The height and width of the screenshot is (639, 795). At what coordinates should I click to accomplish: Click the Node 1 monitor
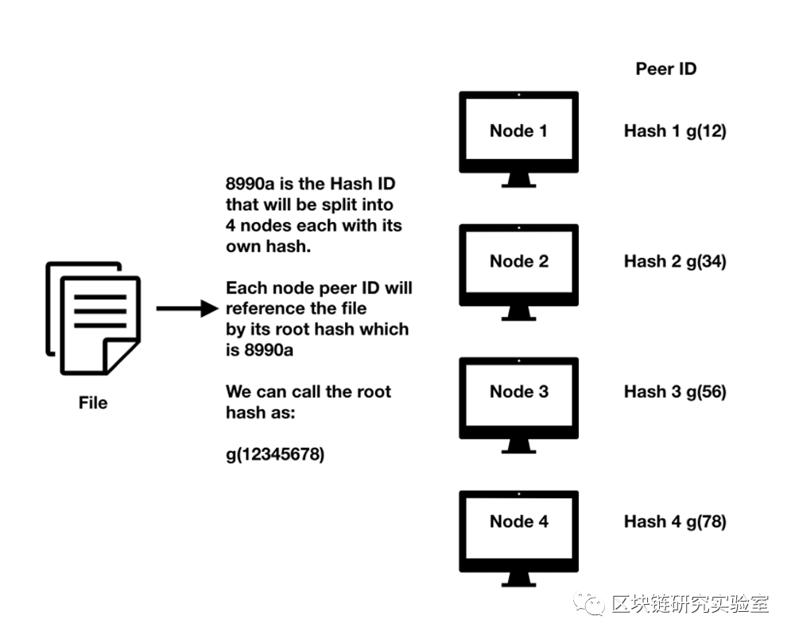pos(518,131)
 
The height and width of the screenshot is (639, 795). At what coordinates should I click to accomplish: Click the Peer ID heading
pos(665,68)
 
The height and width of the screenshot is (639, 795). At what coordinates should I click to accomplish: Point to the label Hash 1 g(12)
pos(675,131)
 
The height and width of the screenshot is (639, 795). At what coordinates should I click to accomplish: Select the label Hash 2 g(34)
pos(675,261)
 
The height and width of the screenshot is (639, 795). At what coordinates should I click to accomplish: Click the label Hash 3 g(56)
pos(675,392)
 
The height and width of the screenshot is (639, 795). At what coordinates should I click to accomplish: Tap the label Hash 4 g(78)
pos(675,522)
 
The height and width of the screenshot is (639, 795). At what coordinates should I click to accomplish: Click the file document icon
pos(92,318)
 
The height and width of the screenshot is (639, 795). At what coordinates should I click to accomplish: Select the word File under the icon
pos(93,403)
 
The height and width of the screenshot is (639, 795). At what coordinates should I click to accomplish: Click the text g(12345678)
pos(275,454)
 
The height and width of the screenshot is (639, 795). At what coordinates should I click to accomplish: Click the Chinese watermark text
pos(690,605)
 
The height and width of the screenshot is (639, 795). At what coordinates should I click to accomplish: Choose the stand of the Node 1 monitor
pos(518,181)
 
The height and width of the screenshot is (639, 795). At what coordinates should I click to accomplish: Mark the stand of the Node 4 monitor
pos(518,579)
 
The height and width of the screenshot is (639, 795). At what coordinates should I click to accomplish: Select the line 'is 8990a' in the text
pos(259,350)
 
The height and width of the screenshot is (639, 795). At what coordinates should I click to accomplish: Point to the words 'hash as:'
pos(259,412)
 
